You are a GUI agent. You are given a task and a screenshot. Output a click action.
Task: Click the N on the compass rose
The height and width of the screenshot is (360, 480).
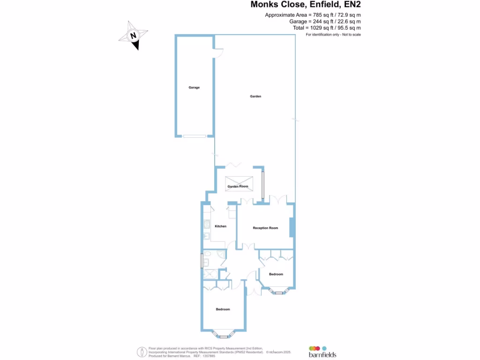point(134,36)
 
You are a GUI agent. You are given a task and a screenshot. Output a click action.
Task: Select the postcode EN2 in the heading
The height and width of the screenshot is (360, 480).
point(352,5)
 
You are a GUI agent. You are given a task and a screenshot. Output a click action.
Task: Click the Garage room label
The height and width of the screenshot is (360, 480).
point(194,88)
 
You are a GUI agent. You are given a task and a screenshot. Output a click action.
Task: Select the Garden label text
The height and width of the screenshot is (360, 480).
point(255,97)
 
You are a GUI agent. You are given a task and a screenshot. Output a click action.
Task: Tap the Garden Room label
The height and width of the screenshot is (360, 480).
point(238,187)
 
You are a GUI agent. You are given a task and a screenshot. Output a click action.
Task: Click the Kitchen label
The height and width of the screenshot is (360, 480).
point(220,226)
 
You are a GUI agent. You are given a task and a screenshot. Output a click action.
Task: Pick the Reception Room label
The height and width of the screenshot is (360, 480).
point(265,228)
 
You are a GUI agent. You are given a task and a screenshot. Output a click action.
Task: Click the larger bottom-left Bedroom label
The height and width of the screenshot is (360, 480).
point(223,309)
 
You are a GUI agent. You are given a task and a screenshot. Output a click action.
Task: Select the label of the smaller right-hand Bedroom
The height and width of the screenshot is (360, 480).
point(276,274)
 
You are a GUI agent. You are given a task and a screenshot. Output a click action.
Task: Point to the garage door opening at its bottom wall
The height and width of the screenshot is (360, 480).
point(194,136)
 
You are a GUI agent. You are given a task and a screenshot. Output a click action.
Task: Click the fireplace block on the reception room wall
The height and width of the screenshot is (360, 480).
point(292,227)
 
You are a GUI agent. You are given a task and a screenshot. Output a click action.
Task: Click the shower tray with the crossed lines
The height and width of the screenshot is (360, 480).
point(208,274)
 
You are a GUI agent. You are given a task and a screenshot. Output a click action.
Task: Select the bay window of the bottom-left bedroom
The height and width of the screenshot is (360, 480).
point(223,334)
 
